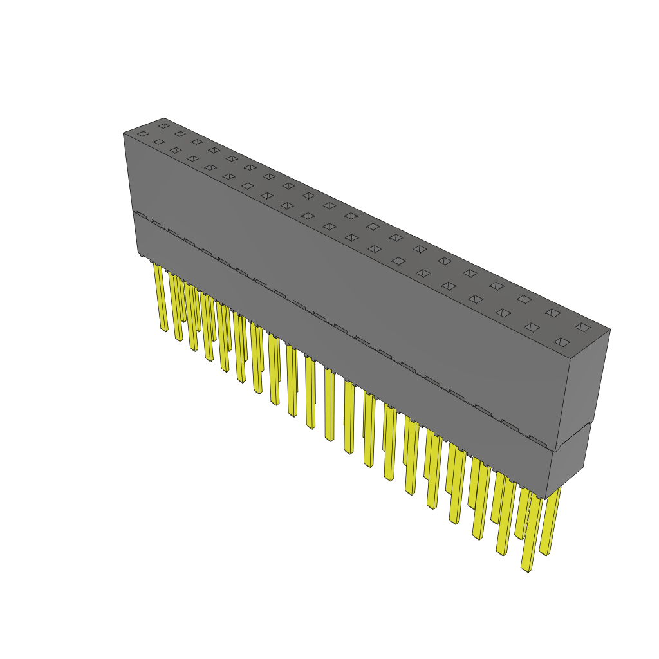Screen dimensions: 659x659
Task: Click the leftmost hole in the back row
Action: point(164,125)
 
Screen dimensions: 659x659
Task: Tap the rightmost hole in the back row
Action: point(582,327)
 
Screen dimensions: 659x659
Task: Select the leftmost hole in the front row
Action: point(142,134)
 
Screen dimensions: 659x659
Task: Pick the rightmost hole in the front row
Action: point(562,342)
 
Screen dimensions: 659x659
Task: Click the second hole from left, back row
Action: point(180,134)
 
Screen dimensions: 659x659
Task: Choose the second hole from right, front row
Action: point(532,327)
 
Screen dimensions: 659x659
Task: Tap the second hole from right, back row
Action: point(553,313)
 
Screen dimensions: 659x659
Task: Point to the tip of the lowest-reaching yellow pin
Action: point(526,569)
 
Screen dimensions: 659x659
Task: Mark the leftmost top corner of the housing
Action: point(124,133)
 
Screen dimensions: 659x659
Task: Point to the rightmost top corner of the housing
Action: point(609,330)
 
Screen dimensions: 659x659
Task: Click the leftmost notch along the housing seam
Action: point(142,216)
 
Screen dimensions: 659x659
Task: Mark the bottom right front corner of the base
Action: point(546,499)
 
